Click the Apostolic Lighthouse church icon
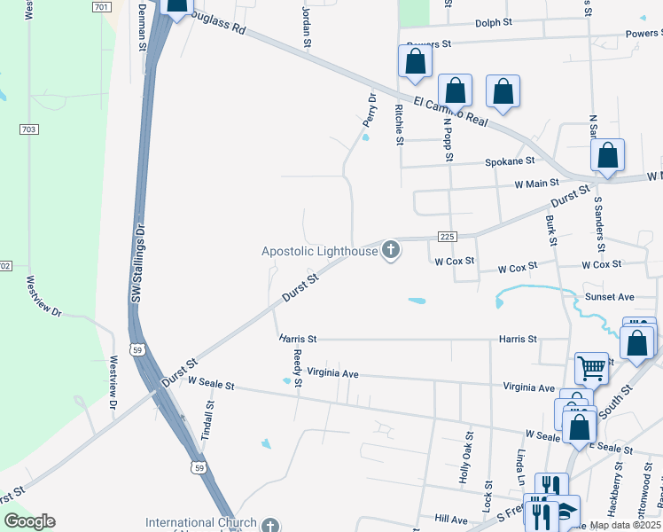pyautogui.click(x=390, y=251)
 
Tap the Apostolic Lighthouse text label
pyautogui.click(x=319, y=252)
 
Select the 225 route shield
pyautogui.click(x=448, y=236)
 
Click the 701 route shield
pyautogui.click(x=101, y=6)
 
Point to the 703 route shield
pyautogui.click(x=29, y=129)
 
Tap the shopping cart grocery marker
pyautogui.click(x=591, y=366)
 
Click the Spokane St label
pyautogui.click(x=510, y=162)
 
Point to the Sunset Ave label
pyautogui.click(x=609, y=297)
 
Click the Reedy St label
pyautogui.click(x=298, y=368)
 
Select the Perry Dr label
pyautogui.click(x=369, y=111)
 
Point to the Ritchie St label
pyautogui.click(x=400, y=123)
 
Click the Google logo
pyautogui.click(x=29, y=521)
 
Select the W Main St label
pyautogui.click(x=537, y=184)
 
